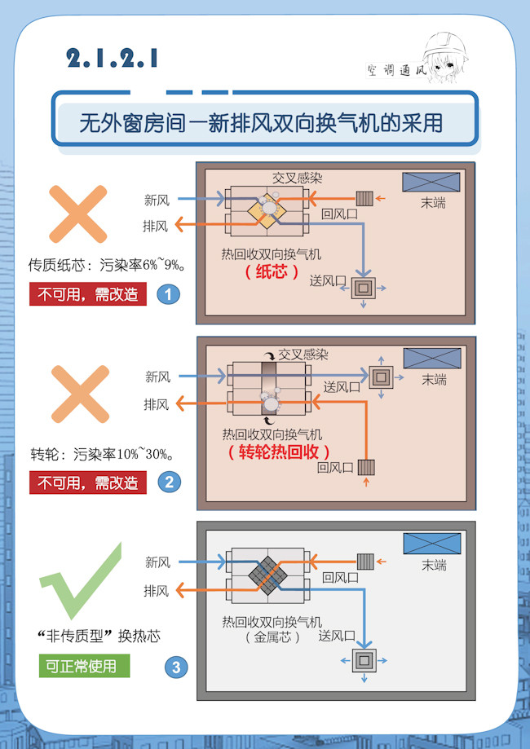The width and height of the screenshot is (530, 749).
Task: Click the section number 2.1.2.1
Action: pos(113,59)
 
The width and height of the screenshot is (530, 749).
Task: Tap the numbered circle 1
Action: pos(168,294)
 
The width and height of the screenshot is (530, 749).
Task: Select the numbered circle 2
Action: pos(169,482)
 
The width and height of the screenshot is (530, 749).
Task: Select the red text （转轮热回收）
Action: pos(279,452)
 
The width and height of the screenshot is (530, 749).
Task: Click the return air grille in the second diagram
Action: pos(365,468)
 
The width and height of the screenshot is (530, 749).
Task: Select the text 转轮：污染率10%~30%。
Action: pos(105,453)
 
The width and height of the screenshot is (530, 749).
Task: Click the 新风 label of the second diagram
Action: pos(157,377)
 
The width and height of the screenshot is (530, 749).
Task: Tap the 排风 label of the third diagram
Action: pos(157,591)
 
